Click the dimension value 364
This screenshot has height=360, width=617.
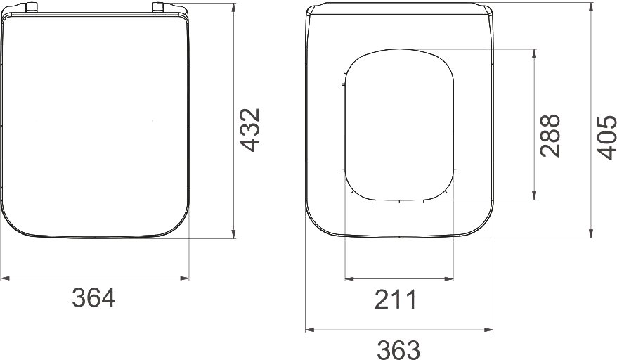pyautogui.click(x=93, y=297)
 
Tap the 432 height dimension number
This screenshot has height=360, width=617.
pyautogui.click(x=250, y=130)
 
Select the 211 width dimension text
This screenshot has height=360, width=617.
pyautogui.click(x=395, y=300)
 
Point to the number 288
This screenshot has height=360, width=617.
pyautogui.click(x=550, y=136)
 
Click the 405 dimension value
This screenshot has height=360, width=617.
pyautogui.click(x=606, y=138)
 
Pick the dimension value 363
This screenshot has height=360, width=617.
pyautogui.click(x=398, y=349)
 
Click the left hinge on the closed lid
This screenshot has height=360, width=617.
pyautogui.click(x=32, y=8)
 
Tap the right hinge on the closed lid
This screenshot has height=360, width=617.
pyautogui.click(x=159, y=8)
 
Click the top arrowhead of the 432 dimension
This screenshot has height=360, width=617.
pyautogui.click(x=234, y=8)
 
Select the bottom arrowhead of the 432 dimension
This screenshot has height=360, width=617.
pyautogui.click(x=234, y=234)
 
